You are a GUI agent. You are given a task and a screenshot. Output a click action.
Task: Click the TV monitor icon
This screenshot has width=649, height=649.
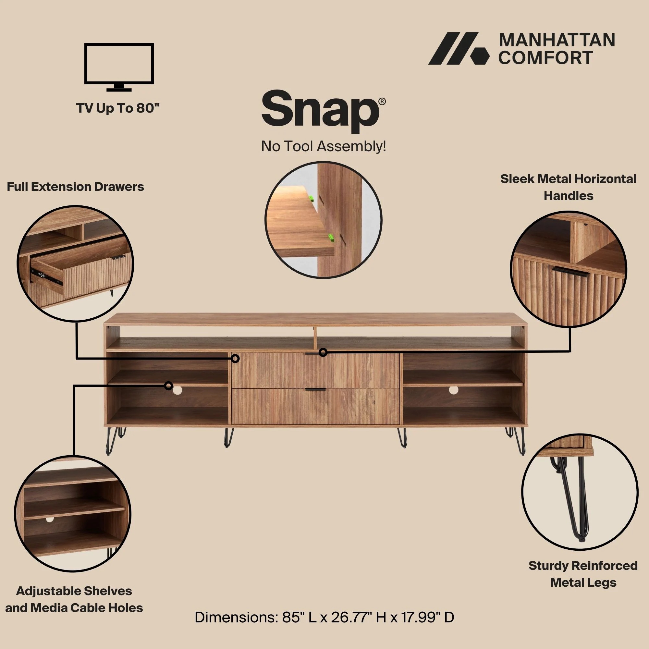point(119,67)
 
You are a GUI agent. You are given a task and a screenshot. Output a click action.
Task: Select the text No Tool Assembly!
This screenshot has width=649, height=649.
point(324,146)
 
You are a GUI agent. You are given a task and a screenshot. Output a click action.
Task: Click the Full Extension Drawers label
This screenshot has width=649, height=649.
point(75,187)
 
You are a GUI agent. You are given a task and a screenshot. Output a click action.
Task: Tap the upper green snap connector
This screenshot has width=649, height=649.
point(312,199)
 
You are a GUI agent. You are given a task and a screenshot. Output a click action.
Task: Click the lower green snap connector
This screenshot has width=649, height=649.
point(331,238)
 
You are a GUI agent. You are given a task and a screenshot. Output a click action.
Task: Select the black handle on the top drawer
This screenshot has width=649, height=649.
point(315,354)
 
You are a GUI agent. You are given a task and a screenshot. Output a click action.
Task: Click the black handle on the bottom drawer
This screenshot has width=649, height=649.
point(315,390)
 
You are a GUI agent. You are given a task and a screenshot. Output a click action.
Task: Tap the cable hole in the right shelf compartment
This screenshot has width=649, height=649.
point(454,390)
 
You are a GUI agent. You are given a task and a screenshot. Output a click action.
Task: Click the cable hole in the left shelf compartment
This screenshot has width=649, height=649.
point(178,390)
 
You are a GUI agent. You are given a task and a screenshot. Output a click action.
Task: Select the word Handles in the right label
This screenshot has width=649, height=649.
point(569,196)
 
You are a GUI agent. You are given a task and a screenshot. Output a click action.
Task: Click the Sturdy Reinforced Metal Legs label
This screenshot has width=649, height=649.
point(583,574)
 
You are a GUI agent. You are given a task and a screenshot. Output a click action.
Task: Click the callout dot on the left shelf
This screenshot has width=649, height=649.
point(169,385)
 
